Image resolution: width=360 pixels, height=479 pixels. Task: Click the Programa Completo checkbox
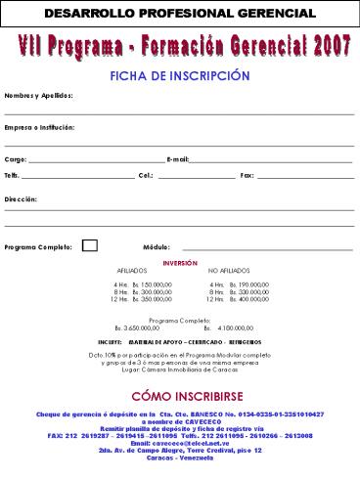click(89, 245)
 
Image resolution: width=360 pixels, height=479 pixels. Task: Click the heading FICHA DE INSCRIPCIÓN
click(180, 75)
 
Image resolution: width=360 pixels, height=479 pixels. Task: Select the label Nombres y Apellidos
click(37, 96)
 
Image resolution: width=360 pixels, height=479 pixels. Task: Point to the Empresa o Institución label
click(39, 127)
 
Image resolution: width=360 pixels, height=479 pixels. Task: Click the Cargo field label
click(16, 158)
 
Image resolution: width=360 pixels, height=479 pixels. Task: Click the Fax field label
click(247, 175)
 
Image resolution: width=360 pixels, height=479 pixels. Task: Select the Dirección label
click(21, 198)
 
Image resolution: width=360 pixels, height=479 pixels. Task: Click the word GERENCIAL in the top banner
click(265, 14)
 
